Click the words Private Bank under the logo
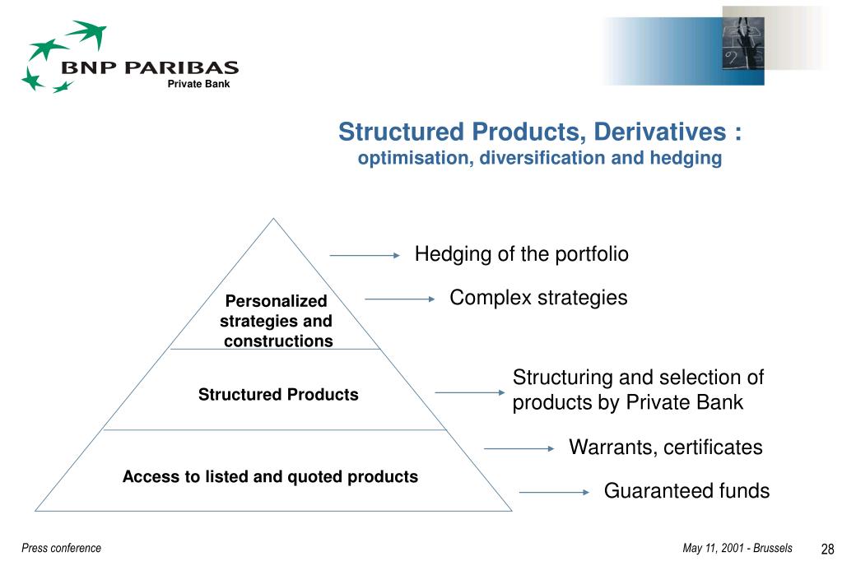click(x=198, y=84)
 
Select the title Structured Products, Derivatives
click(x=540, y=132)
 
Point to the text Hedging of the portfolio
click(x=521, y=254)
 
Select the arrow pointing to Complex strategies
click(x=399, y=299)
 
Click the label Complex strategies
click(x=538, y=298)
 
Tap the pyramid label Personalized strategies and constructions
click(x=277, y=321)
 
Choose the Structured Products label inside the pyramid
click(x=278, y=395)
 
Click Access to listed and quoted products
click(x=270, y=476)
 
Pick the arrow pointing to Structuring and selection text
click(x=468, y=392)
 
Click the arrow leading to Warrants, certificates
click(x=519, y=448)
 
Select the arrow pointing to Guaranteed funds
click(x=555, y=493)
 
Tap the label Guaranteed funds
click(x=686, y=491)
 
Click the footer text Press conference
click(x=62, y=548)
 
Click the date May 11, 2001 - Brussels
click(x=737, y=548)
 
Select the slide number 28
click(x=827, y=549)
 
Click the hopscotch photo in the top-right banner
click(x=742, y=45)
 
